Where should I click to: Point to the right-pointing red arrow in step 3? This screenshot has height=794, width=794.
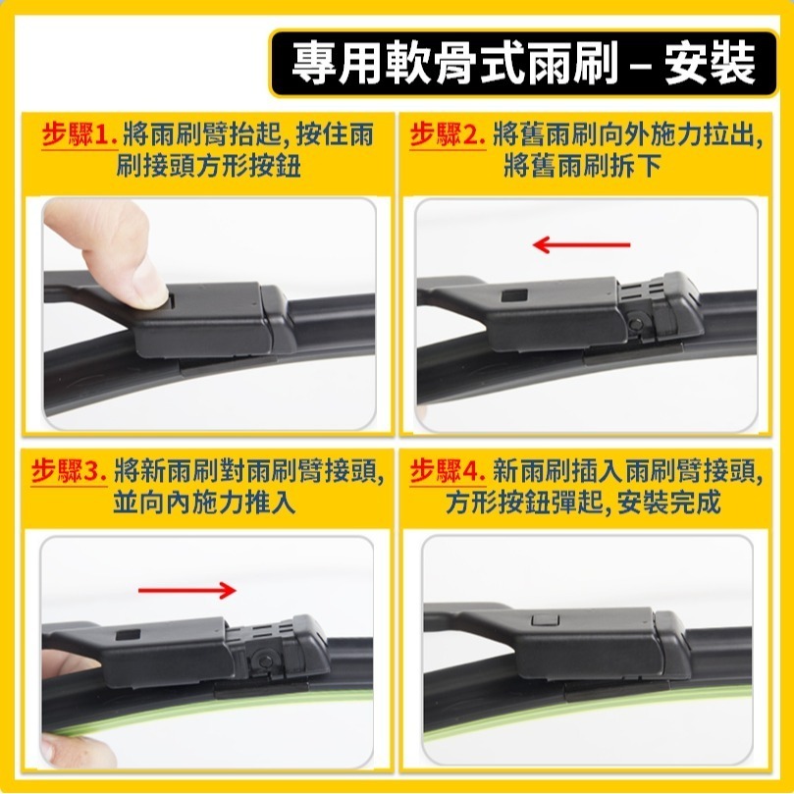point(186,590)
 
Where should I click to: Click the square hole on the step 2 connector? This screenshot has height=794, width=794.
point(512,295)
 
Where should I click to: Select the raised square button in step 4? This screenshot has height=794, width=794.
point(542,620)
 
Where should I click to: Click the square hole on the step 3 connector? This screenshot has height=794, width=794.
point(127,636)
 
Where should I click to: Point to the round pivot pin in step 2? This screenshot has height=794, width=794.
point(639,322)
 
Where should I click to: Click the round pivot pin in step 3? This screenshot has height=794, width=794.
point(262,661)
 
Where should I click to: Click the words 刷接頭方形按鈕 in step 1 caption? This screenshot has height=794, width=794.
point(208,166)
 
